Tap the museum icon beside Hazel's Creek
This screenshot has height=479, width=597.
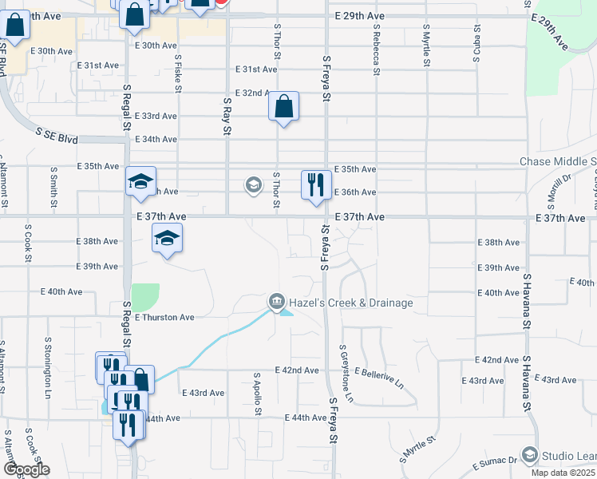click(275, 302)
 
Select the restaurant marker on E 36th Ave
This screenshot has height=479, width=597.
click(316, 185)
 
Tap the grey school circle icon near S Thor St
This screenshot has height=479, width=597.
click(253, 186)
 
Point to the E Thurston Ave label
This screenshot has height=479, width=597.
click(164, 317)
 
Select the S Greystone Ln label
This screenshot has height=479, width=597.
click(346, 373)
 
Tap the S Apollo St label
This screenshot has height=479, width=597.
click(257, 393)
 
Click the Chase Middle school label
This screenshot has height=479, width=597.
click(558, 162)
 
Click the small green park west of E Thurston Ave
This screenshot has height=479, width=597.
click(144, 297)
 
